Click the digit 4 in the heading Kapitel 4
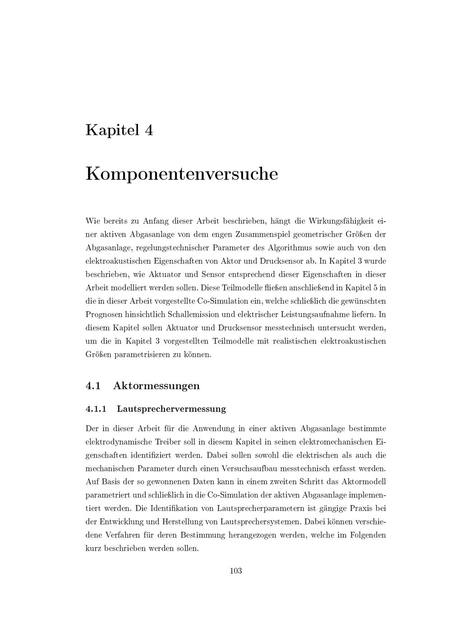[x=149, y=131]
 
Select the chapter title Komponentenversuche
[x=182, y=174]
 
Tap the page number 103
[x=235, y=571]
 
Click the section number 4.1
[x=92, y=386]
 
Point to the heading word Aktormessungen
[x=156, y=386]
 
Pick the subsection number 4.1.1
[x=96, y=409]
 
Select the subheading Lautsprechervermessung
[x=171, y=409]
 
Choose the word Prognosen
[x=103, y=314]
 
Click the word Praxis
[x=362, y=508]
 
